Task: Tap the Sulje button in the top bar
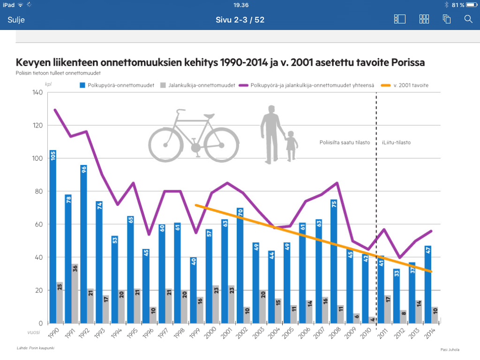pyautogui.click(x=16, y=20)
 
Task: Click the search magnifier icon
pyautogui.click(x=468, y=19)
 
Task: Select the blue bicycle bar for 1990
pyautogui.click(x=53, y=237)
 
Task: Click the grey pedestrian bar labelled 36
pyautogui.click(x=75, y=293)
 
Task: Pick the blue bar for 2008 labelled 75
pyautogui.click(x=334, y=262)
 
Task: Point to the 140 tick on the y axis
pyautogui.click(x=37, y=92)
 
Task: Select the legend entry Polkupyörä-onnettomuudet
pyautogui.click(x=117, y=85)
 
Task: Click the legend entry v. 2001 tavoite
pyautogui.click(x=405, y=85)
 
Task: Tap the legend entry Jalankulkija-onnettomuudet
pyautogui.click(x=197, y=85)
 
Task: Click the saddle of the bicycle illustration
pyautogui.click(x=209, y=116)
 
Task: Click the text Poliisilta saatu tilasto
pyautogui.click(x=345, y=142)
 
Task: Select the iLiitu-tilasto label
pyautogui.click(x=396, y=142)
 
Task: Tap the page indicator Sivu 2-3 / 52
pyautogui.click(x=240, y=20)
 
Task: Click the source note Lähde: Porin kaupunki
pyautogui.click(x=36, y=348)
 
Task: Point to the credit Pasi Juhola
pyautogui.click(x=450, y=350)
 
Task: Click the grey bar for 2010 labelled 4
pyautogui.click(x=372, y=320)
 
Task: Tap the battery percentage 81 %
pyautogui.click(x=458, y=5)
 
